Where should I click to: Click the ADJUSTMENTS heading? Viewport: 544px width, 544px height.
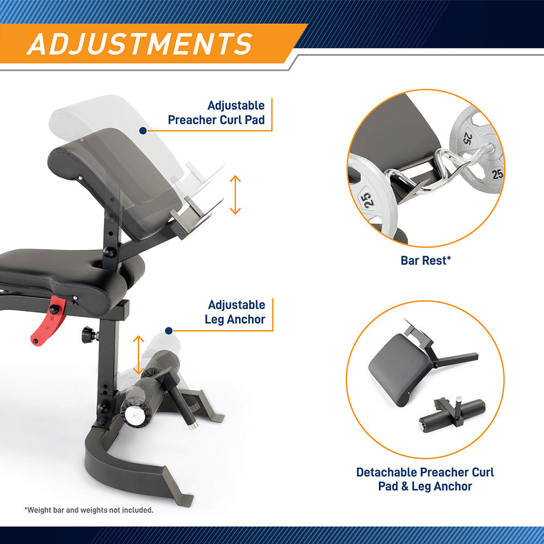point(140,44)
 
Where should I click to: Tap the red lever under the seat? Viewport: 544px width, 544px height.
point(48,320)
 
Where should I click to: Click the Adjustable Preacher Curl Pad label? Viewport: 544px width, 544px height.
point(217,113)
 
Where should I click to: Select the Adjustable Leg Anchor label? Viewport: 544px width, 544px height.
point(235,312)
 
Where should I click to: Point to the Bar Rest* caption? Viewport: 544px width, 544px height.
point(426,260)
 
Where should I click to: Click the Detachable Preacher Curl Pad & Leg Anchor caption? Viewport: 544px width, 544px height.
point(425,479)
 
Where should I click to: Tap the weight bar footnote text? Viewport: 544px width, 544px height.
point(89,510)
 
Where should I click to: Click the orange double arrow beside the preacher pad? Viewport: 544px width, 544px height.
point(235,195)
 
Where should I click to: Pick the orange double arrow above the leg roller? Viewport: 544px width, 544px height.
point(138,355)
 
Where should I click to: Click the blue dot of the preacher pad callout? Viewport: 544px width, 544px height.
point(143,131)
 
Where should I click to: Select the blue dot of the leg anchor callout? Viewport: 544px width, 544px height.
point(169,331)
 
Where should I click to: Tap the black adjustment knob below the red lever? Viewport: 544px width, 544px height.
point(89,335)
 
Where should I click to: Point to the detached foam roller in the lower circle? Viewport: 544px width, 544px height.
point(452,414)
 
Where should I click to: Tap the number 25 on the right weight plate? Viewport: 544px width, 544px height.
point(497,174)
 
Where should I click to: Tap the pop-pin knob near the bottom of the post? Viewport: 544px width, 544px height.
point(103,407)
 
